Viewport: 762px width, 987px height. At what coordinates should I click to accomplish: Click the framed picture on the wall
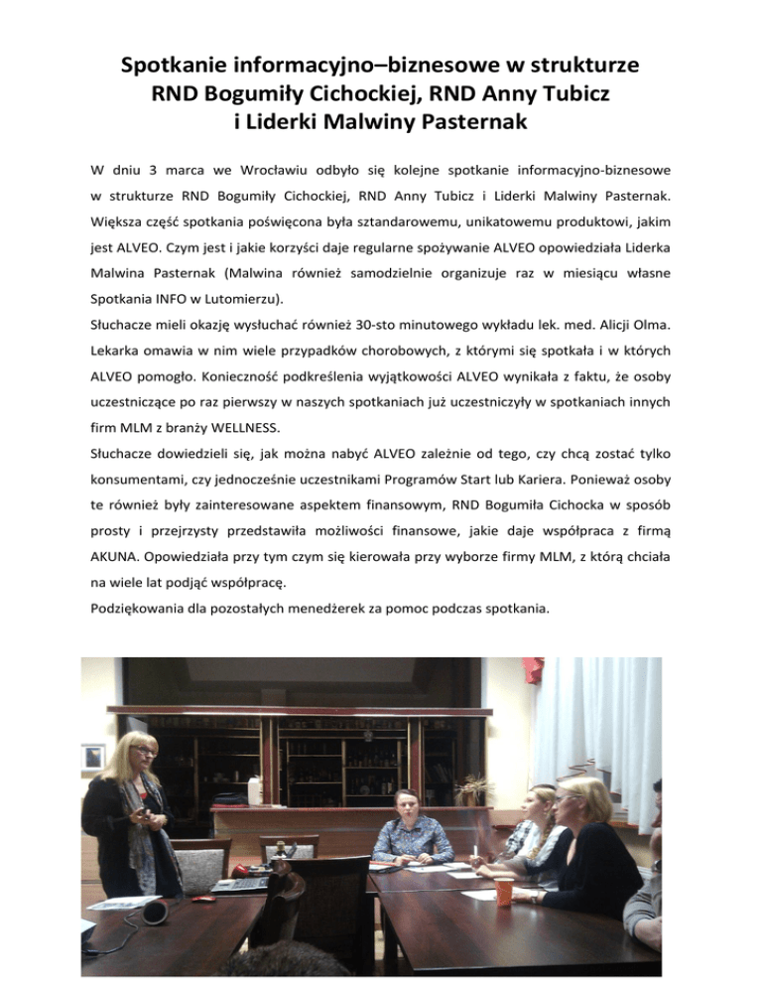(x=93, y=757)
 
